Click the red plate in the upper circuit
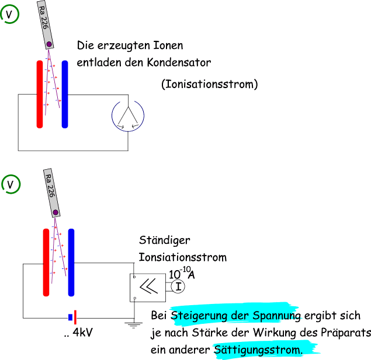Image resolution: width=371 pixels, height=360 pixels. (40, 93)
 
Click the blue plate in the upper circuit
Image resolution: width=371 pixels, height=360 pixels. (65, 93)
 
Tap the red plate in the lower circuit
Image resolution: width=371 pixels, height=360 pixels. (46, 263)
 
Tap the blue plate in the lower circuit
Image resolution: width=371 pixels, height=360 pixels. (71, 263)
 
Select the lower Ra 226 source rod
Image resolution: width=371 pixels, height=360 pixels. (51, 192)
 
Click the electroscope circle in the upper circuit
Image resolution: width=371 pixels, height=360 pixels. (127, 114)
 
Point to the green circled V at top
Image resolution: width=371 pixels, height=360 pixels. (10, 12)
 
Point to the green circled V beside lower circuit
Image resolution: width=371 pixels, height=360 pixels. (11, 184)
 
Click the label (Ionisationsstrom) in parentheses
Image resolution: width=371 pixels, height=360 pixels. (209, 85)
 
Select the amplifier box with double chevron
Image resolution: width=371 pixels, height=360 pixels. (148, 286)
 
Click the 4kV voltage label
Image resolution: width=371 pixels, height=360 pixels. (81, 333)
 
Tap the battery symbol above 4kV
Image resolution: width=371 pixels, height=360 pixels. (72, 317)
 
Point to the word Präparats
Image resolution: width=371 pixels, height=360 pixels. (347, 333)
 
